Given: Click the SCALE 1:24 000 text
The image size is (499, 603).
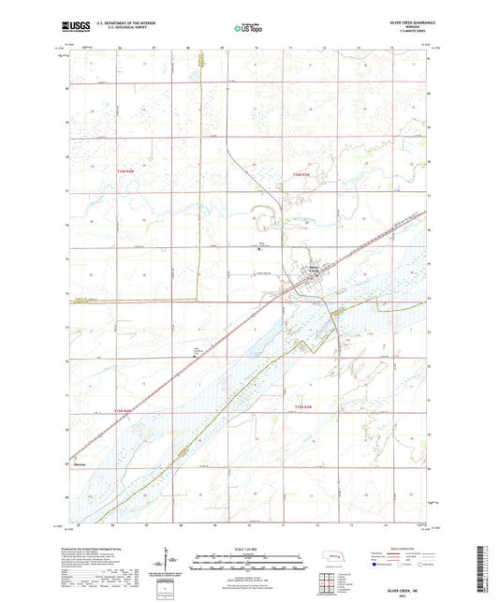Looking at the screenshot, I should tap(248, 548).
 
